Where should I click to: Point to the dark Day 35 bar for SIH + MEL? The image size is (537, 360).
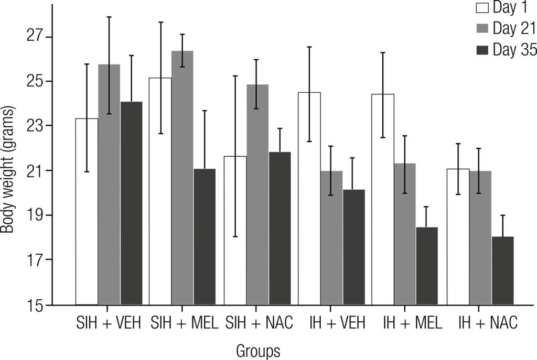click(205, 236)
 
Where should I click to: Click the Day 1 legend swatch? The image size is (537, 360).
click(482, 8)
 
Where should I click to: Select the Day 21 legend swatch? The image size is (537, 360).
click(482, 29)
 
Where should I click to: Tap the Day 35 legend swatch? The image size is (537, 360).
click(482, 50)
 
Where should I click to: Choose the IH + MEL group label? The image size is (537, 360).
click(405, 323)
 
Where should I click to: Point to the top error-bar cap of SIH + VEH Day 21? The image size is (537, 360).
click(109, 17)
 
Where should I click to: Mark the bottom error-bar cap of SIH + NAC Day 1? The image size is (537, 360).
click(235, 236)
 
